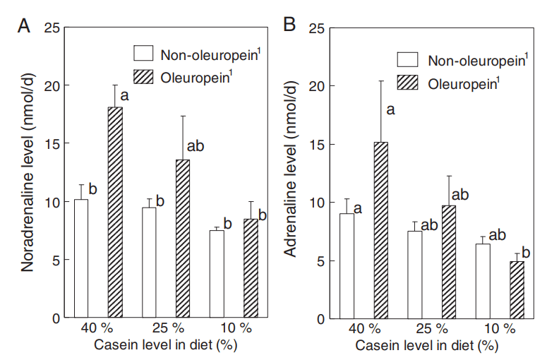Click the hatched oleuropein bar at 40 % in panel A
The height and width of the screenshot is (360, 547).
pyautogui.click(x=115, y=212)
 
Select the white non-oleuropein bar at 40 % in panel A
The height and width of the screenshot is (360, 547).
pyautogui.click(x=80, y=258)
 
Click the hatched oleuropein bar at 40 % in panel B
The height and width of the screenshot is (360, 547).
pyautogui.click(x=380, y=230)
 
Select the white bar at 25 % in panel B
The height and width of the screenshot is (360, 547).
pyautogui.click(x=414, y=275)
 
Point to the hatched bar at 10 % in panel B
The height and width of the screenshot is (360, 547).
pyautogui.click(x=517, y=289)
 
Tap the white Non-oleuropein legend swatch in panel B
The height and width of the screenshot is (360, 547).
pyautogui.click(x=407, y=60)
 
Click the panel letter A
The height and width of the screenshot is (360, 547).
pyautogui.click(x=23, y=26)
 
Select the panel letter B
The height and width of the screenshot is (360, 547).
pyautogui.click(x=289, y=26)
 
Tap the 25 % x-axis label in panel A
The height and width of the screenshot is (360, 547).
pyautogui.click(x=168, y=329)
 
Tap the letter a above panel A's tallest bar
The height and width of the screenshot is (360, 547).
pyautogui.click(x=125, y=94)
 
